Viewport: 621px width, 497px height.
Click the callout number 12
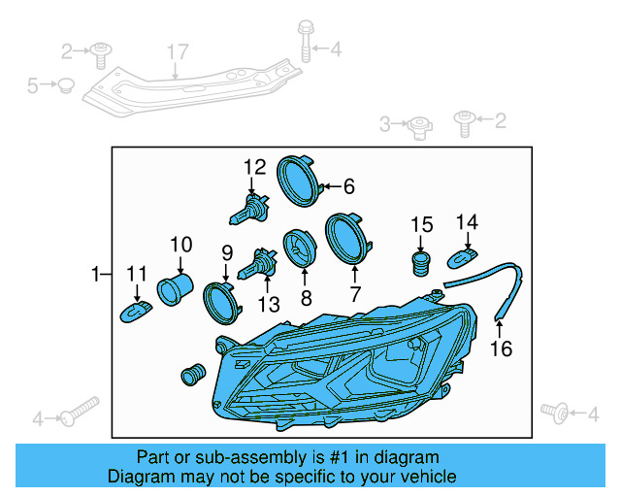tap(254, 166)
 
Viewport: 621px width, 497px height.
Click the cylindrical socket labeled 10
tap(176, 288)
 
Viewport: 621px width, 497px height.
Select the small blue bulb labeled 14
tap(463, 257)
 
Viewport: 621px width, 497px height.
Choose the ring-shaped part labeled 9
tap(222, 302)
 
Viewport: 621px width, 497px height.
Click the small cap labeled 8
tap(297, 248)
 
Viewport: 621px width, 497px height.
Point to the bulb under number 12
tap(250, 207)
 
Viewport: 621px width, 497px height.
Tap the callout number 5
tap(33, 85)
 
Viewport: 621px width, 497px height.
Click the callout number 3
tap(386, 123)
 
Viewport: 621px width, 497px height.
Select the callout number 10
tap(181, 243)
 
